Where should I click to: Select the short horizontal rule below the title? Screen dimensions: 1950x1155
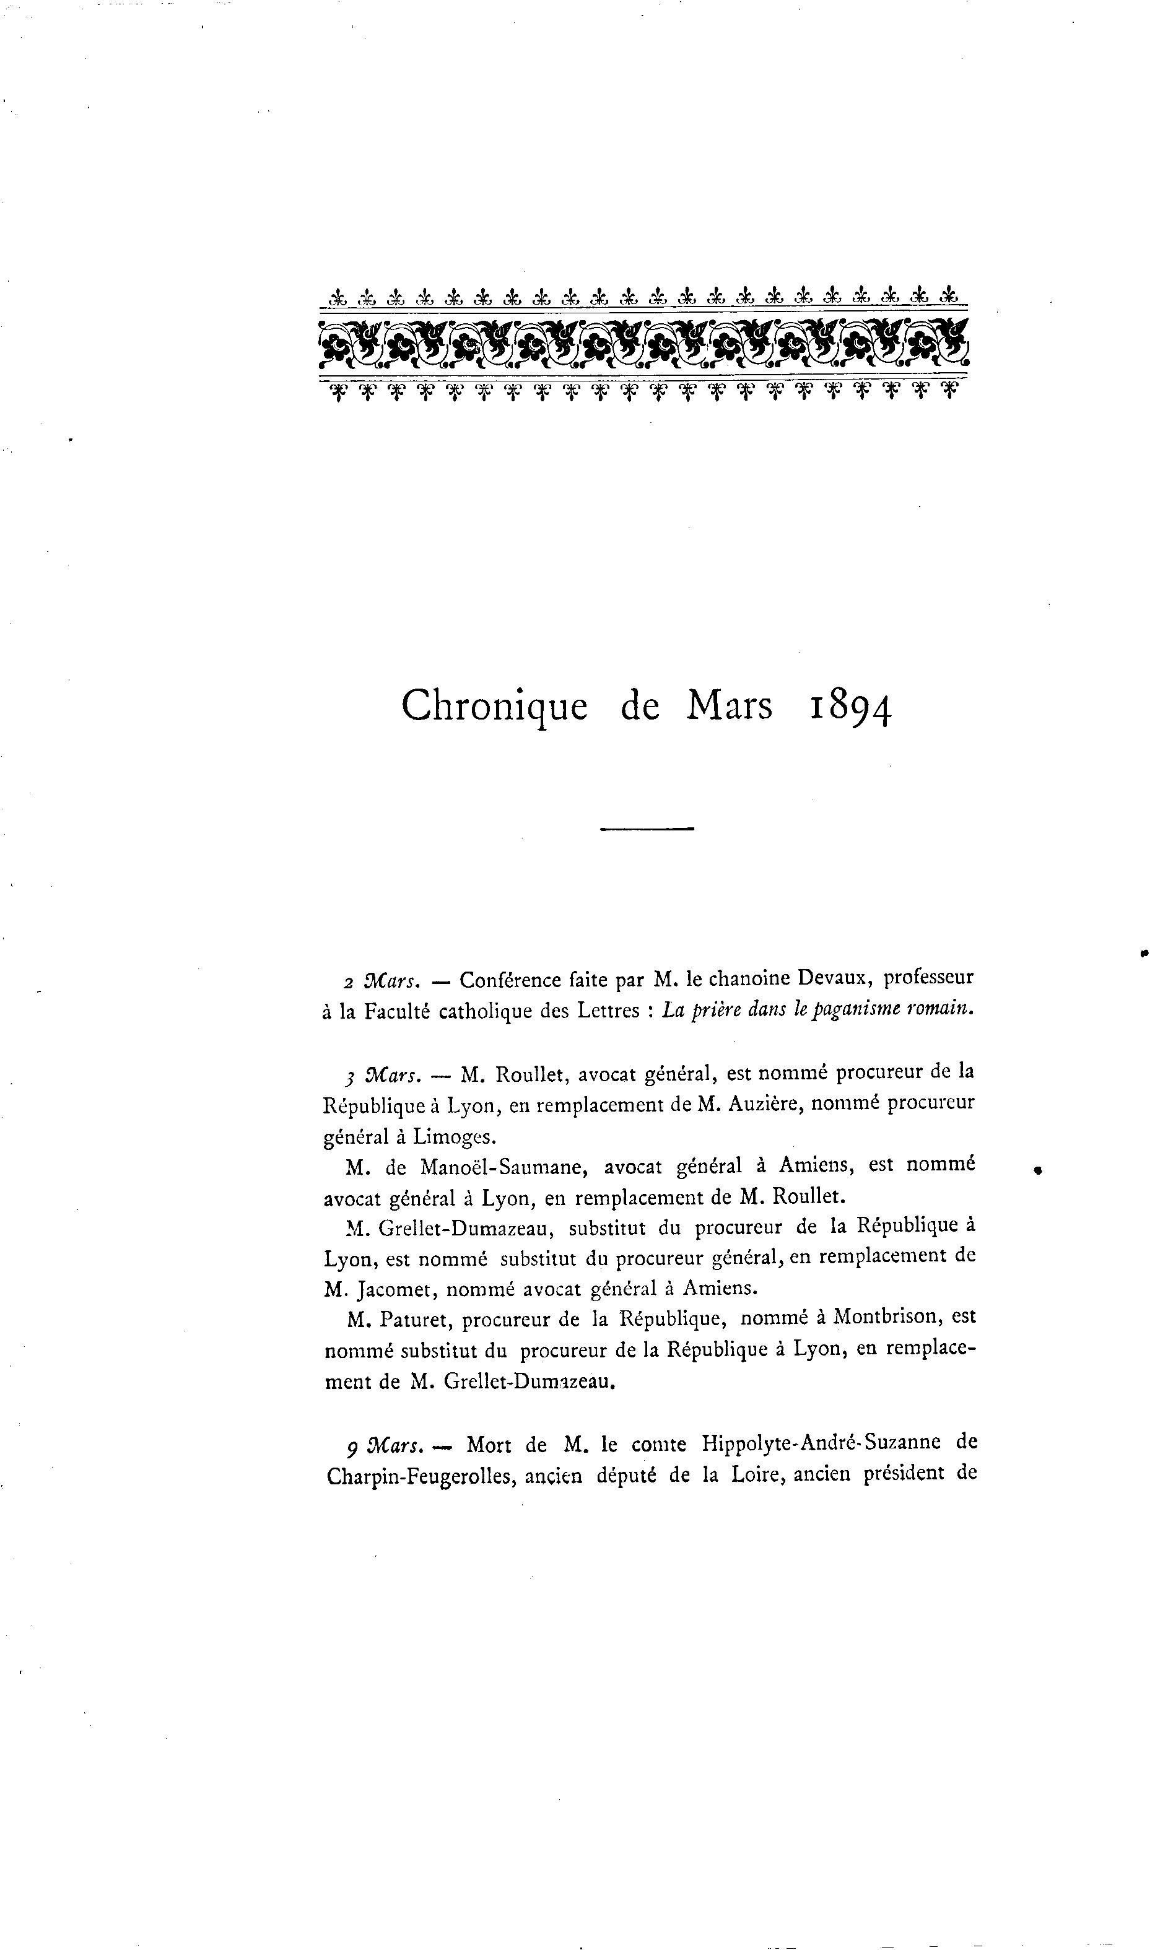[647, 829]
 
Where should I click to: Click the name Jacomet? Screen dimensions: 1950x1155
[391, 1289]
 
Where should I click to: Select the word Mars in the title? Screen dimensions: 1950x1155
[730, 705]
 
